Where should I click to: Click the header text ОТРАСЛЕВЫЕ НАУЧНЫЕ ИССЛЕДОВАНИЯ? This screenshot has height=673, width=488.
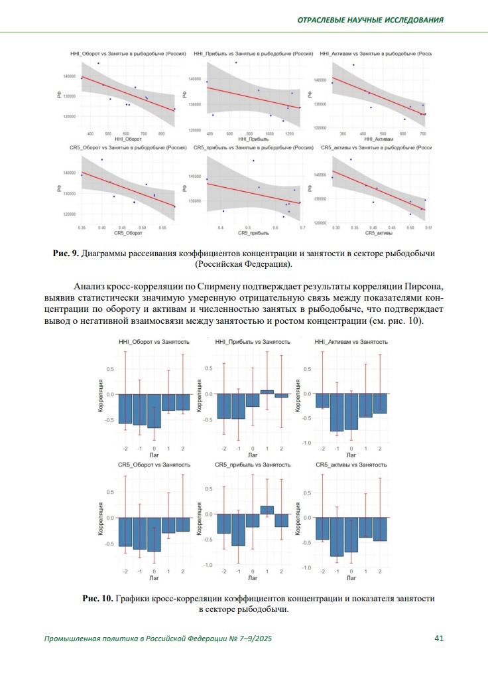click(369, 19)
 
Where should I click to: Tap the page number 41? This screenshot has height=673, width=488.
click(438, 638)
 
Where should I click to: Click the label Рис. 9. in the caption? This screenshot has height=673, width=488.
click(66, 254)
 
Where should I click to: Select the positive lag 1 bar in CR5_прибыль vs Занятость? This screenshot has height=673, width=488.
click(267, 510)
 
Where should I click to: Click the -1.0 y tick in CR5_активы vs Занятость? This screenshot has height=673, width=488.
click(306, 567)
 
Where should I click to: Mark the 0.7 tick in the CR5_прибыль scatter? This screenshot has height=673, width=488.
click(302, 228)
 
